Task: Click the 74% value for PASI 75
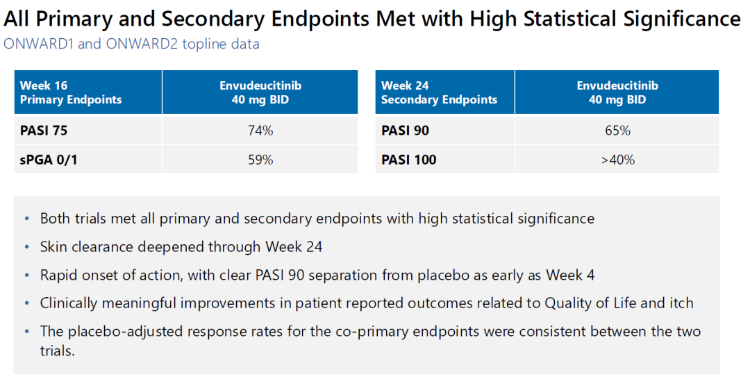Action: pyautogui.click(x=260, y=130)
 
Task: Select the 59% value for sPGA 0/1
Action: pyautogui.click(x=260, y=160)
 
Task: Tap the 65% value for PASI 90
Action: pyautogui.click(x=617, y=130)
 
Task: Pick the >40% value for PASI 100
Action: pyautogui.click(x=617, y=160)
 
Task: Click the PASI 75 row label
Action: pyautogui.click(x=44, y=130)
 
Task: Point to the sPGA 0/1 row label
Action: pyautogui.click(x=49, y=160)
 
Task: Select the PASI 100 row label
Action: pyautogui.click(x=408, y=160)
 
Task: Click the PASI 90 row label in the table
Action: pyautogui.click(x=405, y=130)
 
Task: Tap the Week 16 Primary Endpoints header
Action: pyautogui.click(x=71, y=92)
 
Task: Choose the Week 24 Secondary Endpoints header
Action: pyautogui.click(x=439, y=92)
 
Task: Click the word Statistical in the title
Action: pyautogui.click(x=571, y=19)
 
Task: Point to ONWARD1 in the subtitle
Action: pyautogui.click(x=39, y=44)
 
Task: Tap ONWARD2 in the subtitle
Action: pyautogui.click(x=142, y=44)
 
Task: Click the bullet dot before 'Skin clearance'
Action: pyautogui.click(x=27, y=247)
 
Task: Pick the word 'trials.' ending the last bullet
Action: pyautogui.click(x=58, y=351)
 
